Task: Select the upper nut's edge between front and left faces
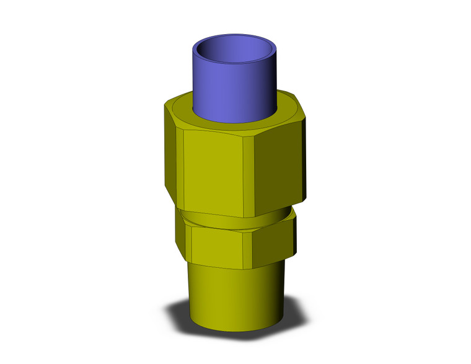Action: (185, 171)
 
